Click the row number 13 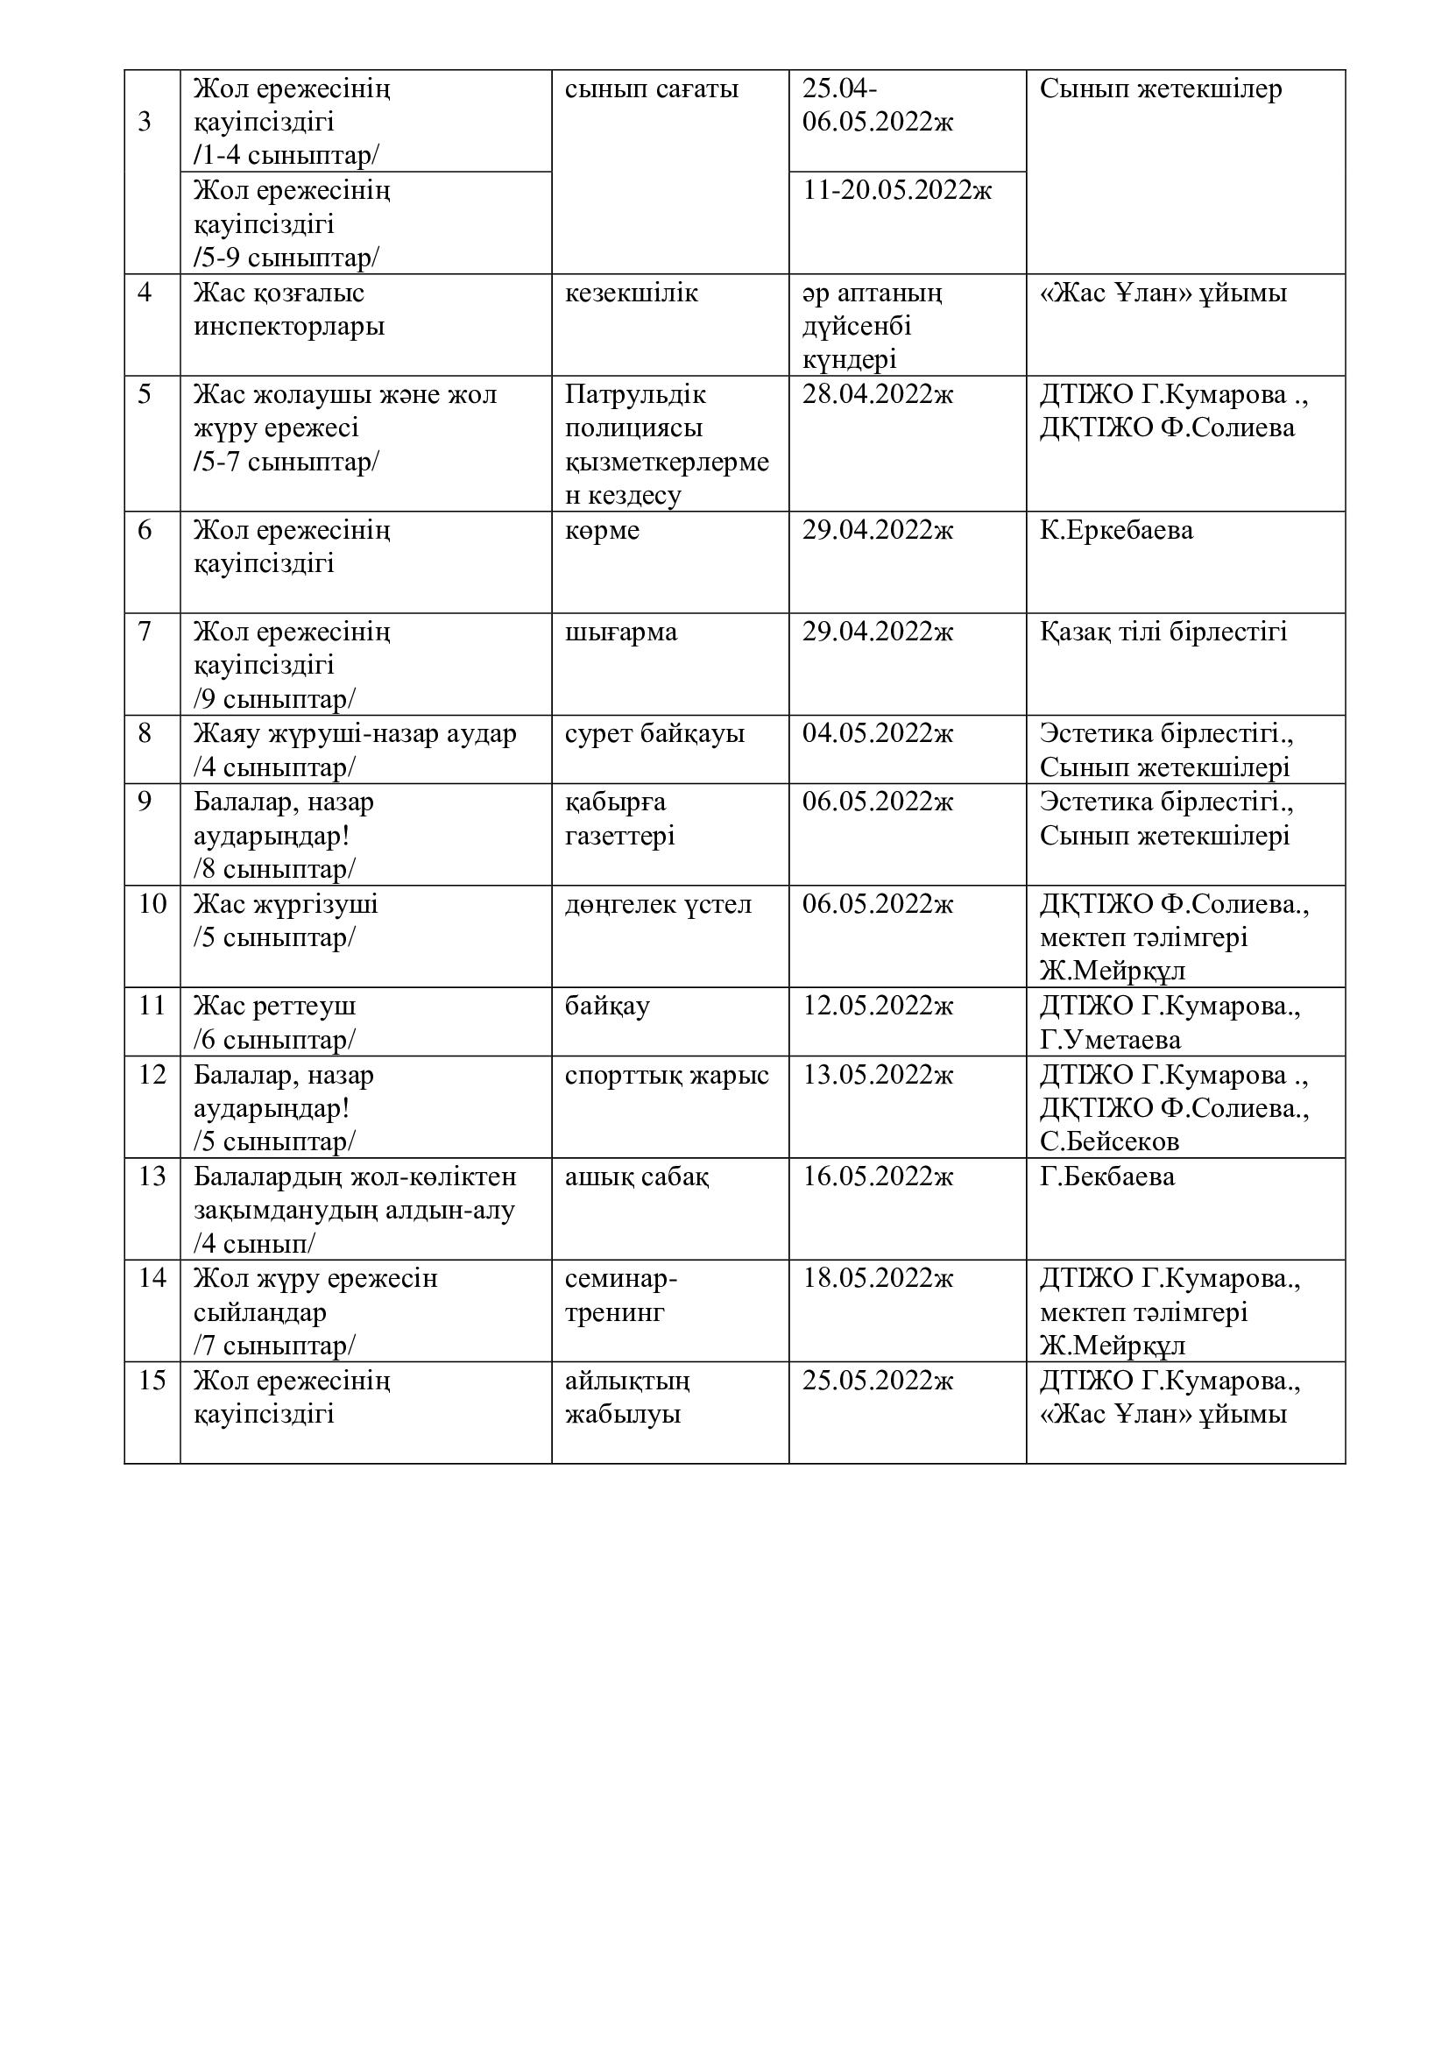(x=152, y=1176)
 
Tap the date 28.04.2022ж (x=877, y=393)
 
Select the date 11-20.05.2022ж (x=897, y=190)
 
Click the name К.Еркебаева (x=1116, y=530)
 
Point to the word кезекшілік (x=631, y=293)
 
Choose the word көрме (x=602, y=530)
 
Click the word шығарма (x=621, y=632)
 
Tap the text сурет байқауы (x=654, y=733)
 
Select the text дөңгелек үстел (x=658, y=904)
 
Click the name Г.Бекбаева (x=1107, y=1176)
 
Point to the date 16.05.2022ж (x=877, y=1176)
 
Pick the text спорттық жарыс (x=667, y=1075)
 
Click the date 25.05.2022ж (x=877, y=1381)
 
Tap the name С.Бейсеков (x=1109, y=1141)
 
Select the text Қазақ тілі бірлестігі (x=1163, y=632)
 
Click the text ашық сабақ (x=636, y=1176)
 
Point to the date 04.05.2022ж (x=877, y=733)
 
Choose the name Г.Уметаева (x=1110, y=1040)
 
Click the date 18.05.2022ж (x=877, y=1278)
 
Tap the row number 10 (x=152, y=904)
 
